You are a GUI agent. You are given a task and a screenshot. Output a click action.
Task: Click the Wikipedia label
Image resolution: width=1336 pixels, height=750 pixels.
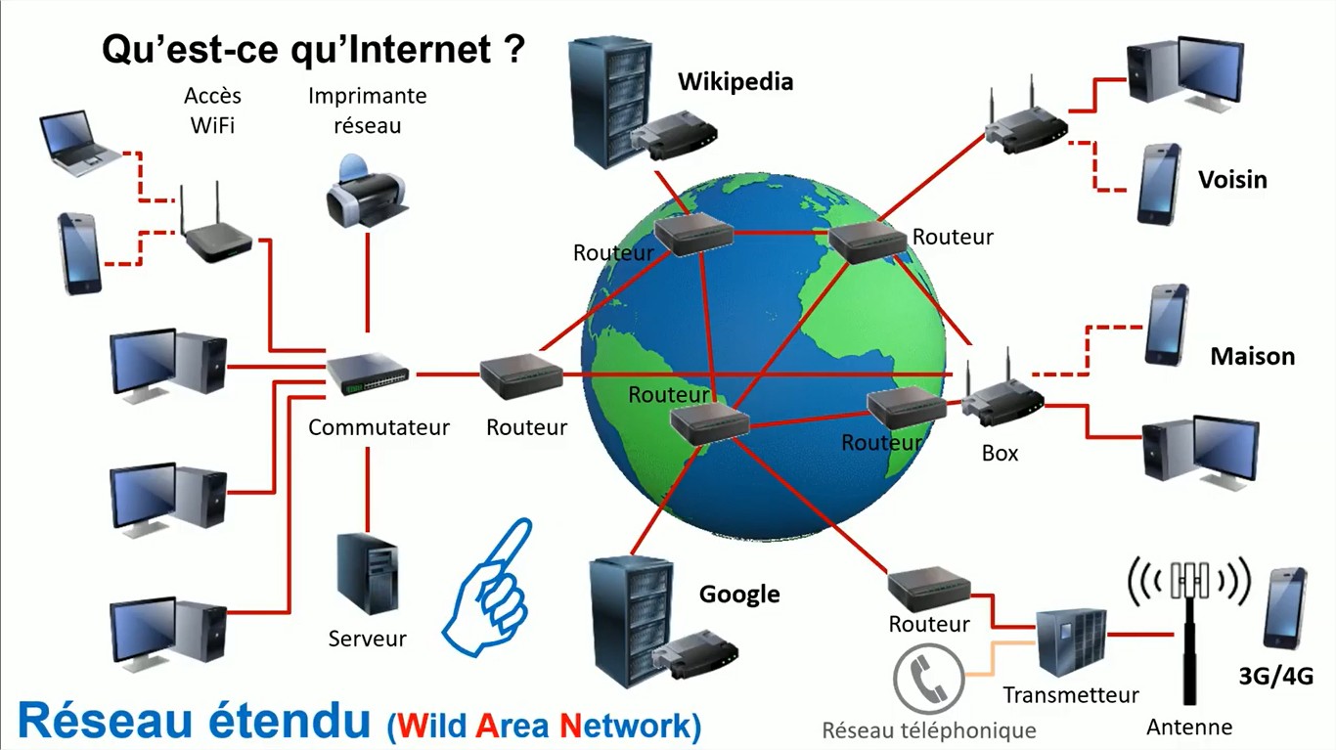click(x=735, y=81)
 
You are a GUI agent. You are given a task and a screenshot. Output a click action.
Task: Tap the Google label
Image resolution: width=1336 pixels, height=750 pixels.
click(x=739, y=594)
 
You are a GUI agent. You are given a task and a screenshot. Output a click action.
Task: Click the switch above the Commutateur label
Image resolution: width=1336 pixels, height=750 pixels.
click(x=368, y=374)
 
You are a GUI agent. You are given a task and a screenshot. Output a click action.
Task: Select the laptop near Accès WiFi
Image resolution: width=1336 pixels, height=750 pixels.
click(x=78, y=144)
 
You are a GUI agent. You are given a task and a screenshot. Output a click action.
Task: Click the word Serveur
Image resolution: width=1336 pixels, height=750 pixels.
click(x=367, y=639)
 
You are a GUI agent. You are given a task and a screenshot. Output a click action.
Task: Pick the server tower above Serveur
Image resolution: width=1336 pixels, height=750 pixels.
click(x=367, y=574)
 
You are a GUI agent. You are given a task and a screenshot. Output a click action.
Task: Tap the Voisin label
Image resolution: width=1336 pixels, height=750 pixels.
click(x=1232, y=180)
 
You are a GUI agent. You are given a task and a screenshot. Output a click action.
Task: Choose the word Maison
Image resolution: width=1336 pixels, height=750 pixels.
click(x=1252, y=357)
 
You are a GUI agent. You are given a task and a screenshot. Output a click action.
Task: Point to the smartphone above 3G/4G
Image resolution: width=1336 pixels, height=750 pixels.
click(x=1284, y=607)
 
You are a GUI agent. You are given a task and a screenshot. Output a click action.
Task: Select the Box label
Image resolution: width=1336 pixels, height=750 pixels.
click(x=1000, y=454)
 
